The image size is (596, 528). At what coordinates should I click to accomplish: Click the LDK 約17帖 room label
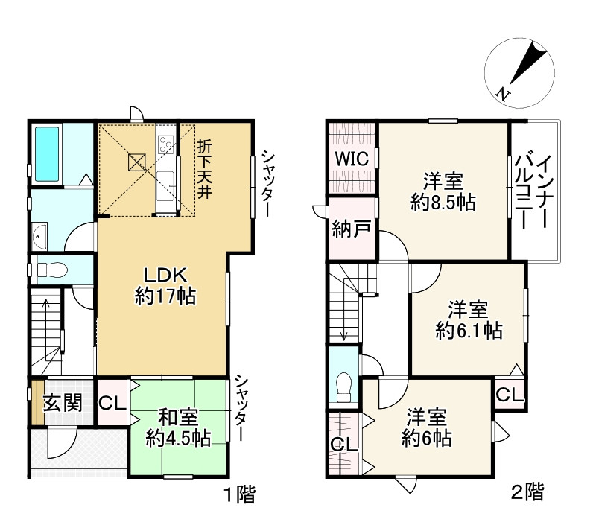(x=165, y=285)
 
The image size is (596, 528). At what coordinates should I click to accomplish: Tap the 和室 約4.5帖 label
(x=177, y=427)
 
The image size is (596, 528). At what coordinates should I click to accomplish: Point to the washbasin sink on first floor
(x=40, y=238)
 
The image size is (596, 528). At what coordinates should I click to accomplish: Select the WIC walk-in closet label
(x=350, y=158)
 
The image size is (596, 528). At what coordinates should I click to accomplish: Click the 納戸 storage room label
(x=351, y=229)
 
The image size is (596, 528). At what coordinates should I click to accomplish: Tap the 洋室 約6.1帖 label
(x=468, y=319)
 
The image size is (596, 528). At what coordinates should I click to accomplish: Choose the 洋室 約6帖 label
(x=426, y=428)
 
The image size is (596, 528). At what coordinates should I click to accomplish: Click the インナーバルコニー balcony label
(x=534, y=191)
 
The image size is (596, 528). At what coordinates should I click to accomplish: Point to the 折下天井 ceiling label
(x=203, y=168)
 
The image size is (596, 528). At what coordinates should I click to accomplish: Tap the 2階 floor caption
(x=527, y=492)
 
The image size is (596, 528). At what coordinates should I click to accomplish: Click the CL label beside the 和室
(x=111, y=403)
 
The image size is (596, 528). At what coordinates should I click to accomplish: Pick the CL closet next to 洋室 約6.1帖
(x=510, y=394)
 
